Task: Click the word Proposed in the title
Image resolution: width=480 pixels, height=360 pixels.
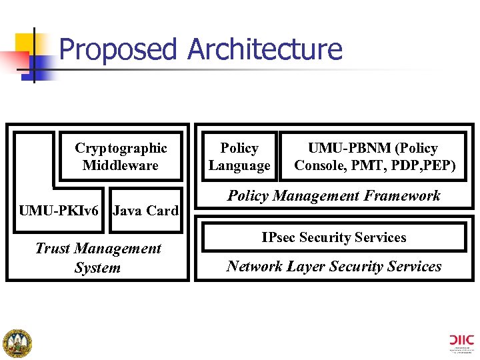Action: [118, 50]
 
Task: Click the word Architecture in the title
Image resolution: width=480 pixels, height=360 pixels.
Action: [265, 50]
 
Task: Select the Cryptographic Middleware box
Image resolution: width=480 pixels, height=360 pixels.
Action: [121, 157]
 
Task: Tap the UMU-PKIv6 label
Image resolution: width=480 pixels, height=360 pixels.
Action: [59, 211]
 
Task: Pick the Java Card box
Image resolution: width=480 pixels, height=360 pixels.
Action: [145, 211]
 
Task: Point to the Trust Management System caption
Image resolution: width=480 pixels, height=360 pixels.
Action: [98, 258]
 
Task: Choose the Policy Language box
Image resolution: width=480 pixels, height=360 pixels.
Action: [239, 157]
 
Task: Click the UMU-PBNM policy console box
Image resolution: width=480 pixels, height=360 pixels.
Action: [375, 157]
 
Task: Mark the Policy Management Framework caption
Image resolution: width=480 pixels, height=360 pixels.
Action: [333, 195]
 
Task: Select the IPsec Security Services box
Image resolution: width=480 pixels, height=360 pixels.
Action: [333, 237]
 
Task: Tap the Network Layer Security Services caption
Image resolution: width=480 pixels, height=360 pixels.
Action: [333, 267]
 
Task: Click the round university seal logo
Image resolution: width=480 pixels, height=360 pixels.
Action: [17, 343]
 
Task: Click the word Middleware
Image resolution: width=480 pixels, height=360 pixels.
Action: [121, 165]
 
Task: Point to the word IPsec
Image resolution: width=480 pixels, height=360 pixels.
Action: [279, 237]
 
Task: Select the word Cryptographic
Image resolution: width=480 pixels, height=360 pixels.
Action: [121, 148]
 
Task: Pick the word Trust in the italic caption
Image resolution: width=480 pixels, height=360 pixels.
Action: [52, 249]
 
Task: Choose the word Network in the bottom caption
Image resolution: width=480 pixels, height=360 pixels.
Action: [256, 267]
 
